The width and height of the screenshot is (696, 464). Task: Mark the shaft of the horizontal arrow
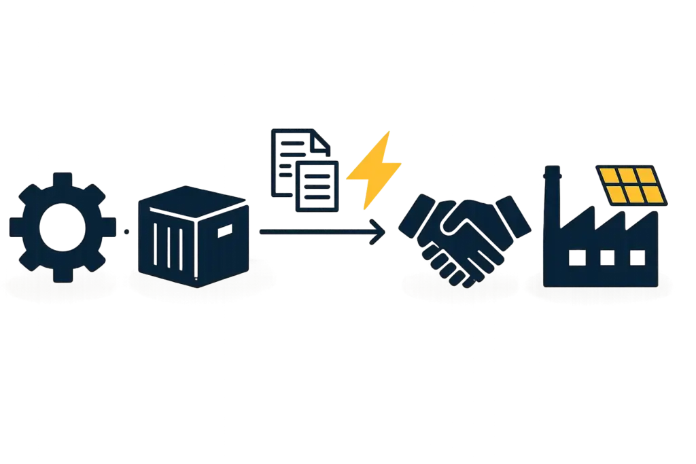[x=313, y=232]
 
